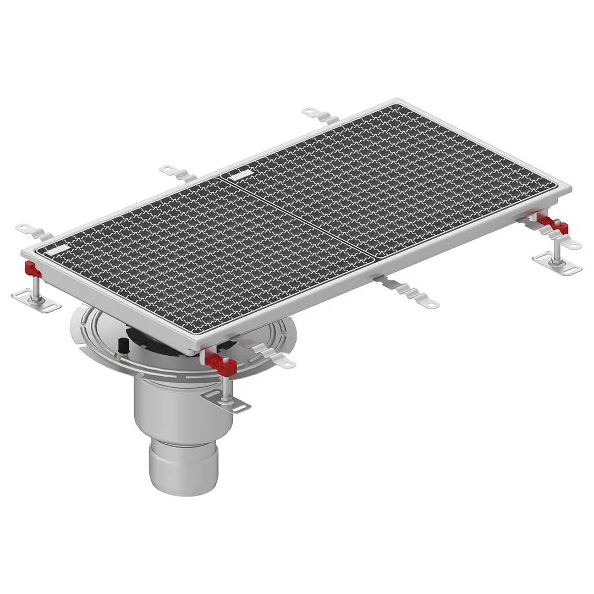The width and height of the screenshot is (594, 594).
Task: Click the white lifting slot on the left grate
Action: (x=56, y=249)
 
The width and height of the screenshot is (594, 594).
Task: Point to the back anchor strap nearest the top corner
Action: (x=321, y=116)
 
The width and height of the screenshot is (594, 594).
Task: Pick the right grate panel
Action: (x=385, y=182)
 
